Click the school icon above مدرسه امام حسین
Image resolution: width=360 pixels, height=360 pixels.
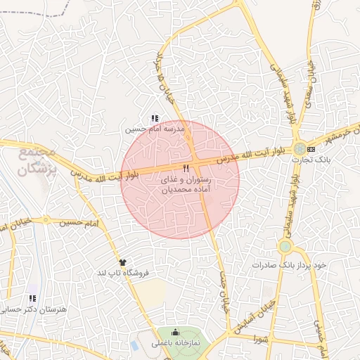155,118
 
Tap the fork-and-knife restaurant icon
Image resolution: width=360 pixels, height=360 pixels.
186,169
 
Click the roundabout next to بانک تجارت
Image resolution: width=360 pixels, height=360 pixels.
300,149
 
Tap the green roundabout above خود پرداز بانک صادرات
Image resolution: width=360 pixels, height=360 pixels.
285,247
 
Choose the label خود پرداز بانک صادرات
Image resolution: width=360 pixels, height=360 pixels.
288,266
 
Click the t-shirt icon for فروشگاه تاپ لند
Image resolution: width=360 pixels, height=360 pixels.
123,262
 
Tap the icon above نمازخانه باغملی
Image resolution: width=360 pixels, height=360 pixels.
175,333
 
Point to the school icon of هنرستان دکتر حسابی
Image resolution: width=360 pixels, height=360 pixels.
31,298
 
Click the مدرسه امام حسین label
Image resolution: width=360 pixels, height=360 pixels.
154,129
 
